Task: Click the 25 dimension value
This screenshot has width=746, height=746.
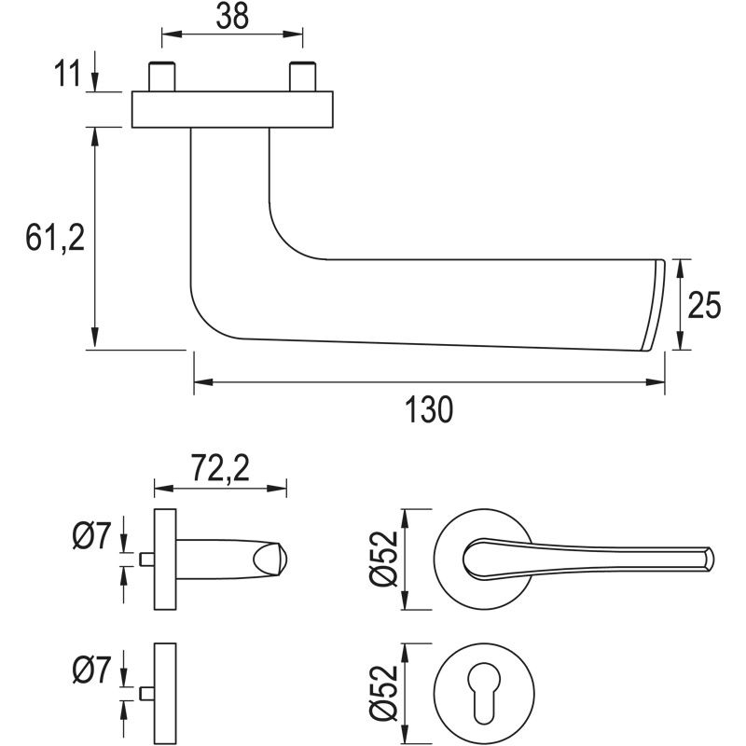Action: click(705, 305)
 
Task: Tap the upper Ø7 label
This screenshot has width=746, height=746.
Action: click(90, 536)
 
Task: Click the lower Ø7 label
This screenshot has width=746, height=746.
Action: click(90, 670)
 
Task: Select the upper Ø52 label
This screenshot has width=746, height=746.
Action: click(384, 559)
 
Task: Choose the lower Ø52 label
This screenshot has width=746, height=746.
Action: click(384, 692)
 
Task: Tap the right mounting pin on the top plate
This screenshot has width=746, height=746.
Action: click(301, 76)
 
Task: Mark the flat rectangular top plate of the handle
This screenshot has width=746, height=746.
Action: click(232, 109)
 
